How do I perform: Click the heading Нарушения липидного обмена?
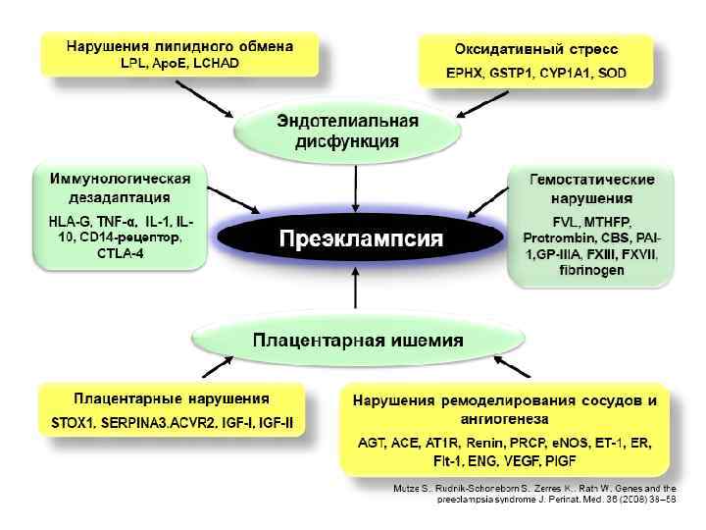(x=179, y=45)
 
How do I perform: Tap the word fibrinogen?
(x=592, y=271)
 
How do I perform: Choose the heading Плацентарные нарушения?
(x=173, y=399)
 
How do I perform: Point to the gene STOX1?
(x=74, y=424)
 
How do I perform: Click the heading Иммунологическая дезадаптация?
(x=120, y=186)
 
